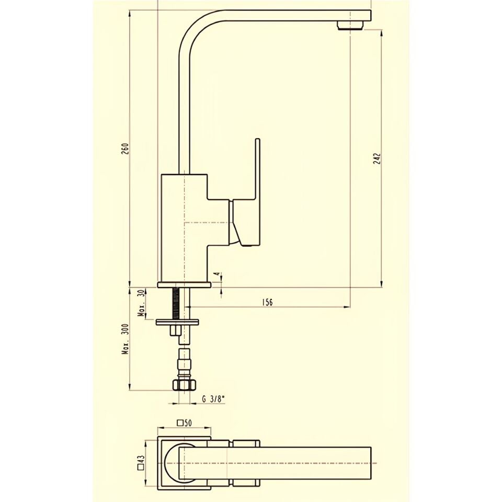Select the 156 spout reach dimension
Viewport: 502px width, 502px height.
(267, 302)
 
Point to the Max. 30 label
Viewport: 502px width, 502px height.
(141, 303)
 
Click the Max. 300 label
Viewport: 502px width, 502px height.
(125, 339)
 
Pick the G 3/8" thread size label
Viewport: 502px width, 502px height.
(213, 399)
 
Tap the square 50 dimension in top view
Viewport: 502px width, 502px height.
(185, 423)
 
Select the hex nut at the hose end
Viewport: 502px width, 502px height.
(184, 385)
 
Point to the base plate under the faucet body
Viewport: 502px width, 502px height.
(184, 285)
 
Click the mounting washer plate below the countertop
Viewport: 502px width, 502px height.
(178, 322)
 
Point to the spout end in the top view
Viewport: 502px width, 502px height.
(366, 463)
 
